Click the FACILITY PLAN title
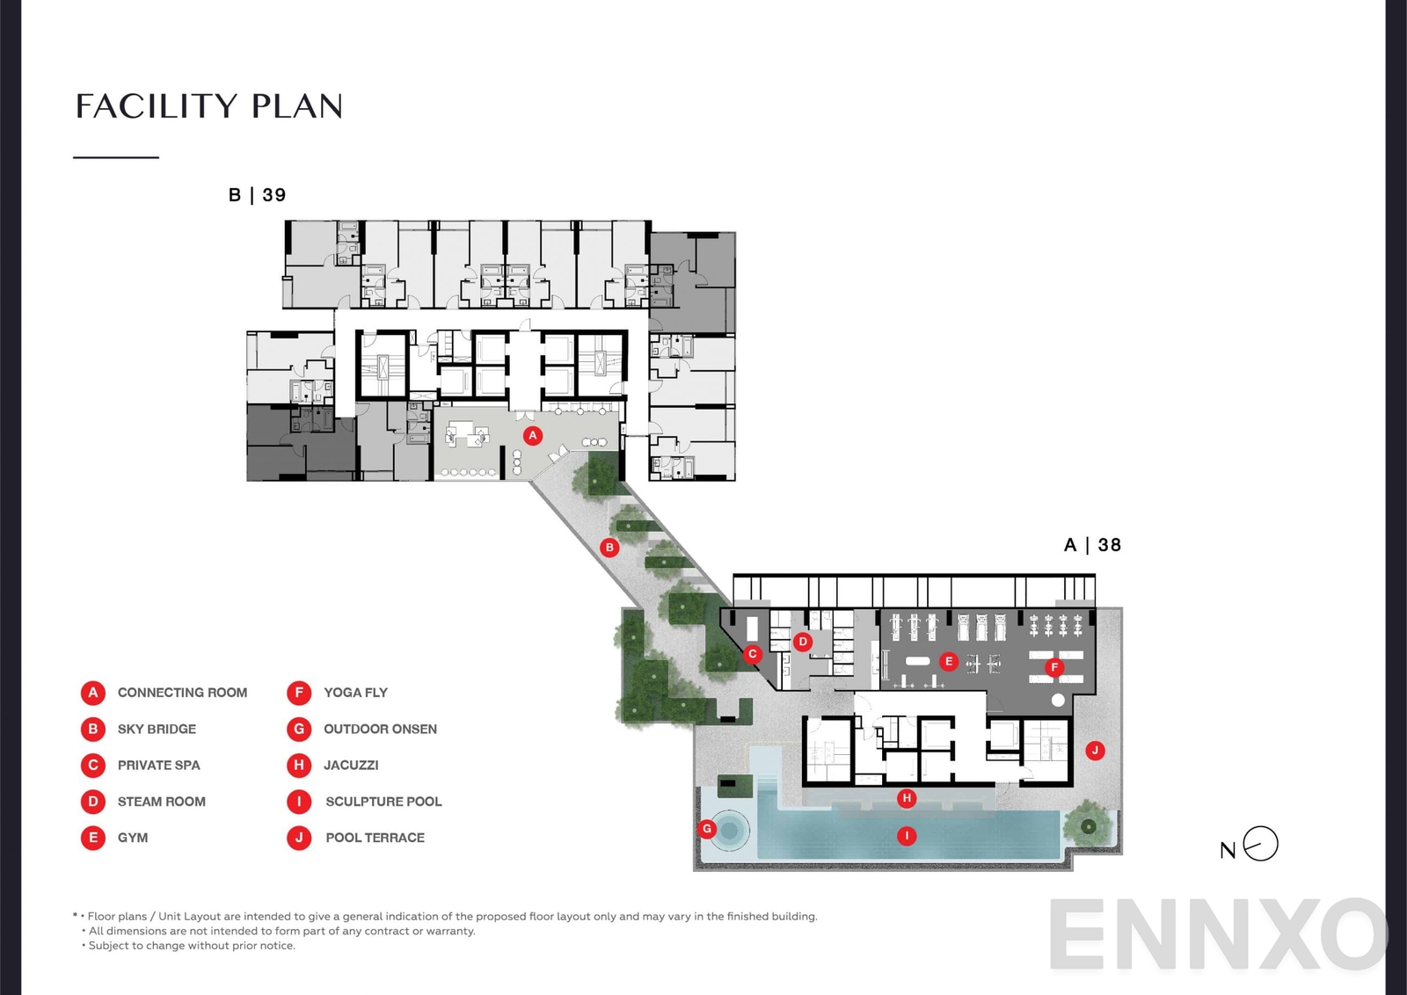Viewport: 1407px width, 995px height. (x=209, y=106)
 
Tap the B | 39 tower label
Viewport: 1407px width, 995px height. (x=257, y=195)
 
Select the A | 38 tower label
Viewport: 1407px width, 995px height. (x=1092, y=545)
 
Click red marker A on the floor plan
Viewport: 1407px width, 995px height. (x=532, y=435)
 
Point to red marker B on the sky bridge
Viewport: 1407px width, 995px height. (x=609, y=548)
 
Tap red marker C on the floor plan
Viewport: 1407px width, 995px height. (x=753, y=654)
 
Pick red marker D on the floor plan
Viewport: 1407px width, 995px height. (x=802, y=642)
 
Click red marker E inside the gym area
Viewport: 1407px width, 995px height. (x=947, y=661)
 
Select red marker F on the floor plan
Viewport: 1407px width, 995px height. (x=1053, y=667)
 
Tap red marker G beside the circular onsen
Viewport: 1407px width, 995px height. (x=706, y=828)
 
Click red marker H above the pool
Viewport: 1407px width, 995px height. (x=907, y=798)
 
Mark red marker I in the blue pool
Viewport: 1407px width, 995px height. (x=907, y=836)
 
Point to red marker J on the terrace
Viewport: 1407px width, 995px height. (x=1095, y=750)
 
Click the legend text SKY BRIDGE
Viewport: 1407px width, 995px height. (x=157, y=729)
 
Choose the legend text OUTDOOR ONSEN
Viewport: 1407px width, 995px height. (x=380, y=729)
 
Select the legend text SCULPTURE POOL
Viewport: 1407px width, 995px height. (x=383, y=802)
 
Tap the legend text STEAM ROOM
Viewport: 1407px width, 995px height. (x=162, y=802)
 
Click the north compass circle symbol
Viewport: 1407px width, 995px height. (x=1261, y=844)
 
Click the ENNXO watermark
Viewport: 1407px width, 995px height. (x=1218, y=934)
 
